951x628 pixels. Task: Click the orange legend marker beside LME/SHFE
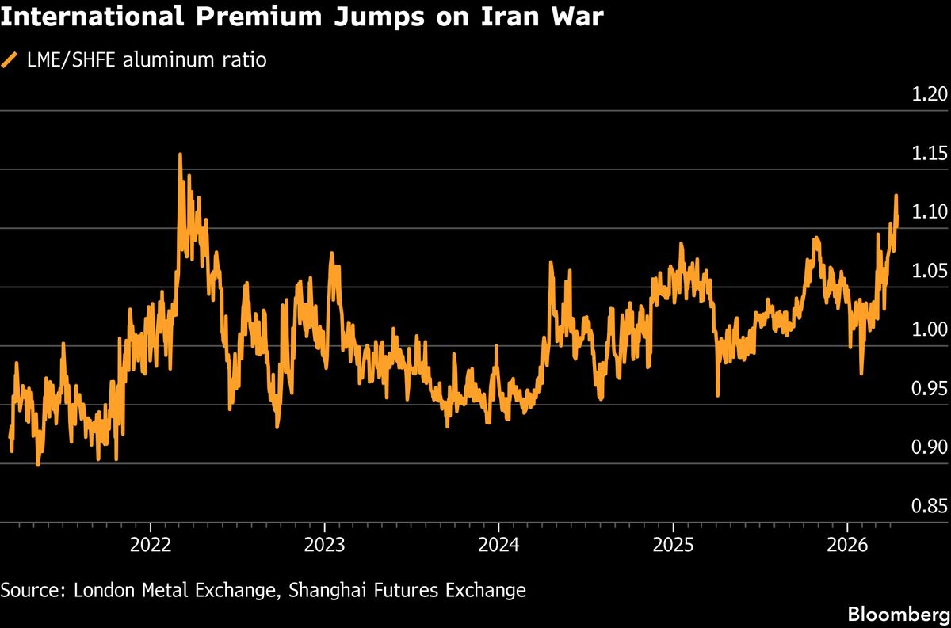click(10, 60)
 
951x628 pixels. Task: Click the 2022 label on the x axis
click(150, 546)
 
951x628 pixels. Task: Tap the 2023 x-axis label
click(324, 546)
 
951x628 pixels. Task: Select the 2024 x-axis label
click(498, 546)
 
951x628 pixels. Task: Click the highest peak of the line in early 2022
click(180, 155)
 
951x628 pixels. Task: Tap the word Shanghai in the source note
click(322, 590)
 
